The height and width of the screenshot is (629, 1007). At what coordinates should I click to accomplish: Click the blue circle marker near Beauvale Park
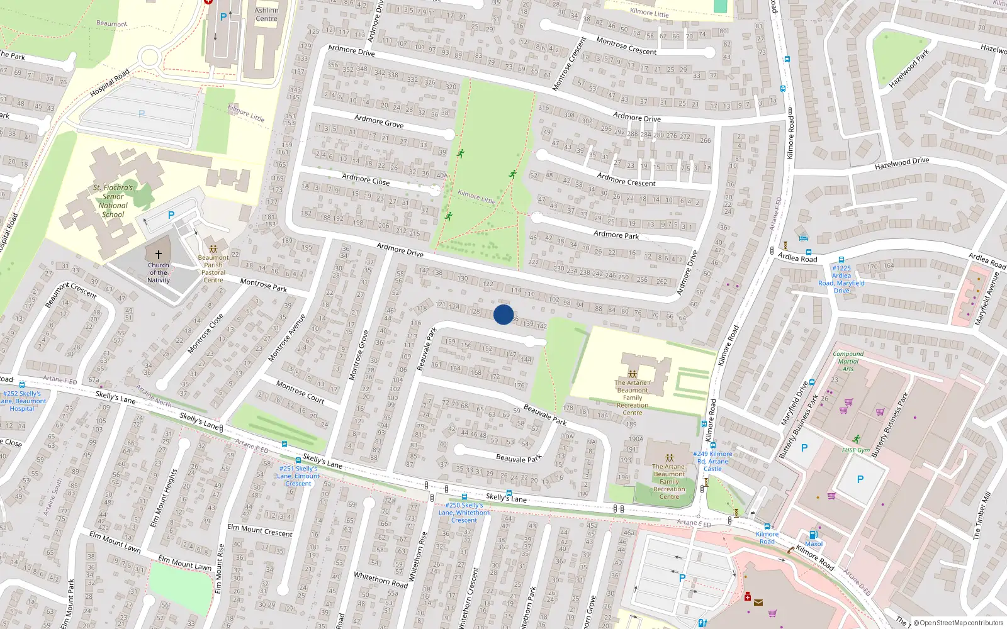(503, 314)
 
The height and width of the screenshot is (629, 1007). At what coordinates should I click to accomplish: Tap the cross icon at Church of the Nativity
(159, 255)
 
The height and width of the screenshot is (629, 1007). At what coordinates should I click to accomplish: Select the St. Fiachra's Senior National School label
(113, 201)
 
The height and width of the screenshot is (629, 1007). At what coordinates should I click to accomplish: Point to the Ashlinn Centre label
(266, 14)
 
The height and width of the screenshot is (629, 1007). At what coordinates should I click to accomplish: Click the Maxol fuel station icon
(813, 535)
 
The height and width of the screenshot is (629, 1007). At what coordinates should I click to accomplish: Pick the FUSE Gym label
(856, 450)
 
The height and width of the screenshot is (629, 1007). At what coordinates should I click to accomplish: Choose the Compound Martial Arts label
(848, 361)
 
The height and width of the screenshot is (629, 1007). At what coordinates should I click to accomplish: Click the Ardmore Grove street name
(379, 121)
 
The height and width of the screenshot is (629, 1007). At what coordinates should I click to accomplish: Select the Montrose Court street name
(300, 391)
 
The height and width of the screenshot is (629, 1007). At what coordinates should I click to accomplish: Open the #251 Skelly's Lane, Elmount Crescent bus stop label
(298, 476)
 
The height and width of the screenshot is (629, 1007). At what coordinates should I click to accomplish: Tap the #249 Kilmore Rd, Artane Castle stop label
(712, 461)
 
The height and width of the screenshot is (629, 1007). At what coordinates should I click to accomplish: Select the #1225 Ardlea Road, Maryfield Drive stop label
(841, 279)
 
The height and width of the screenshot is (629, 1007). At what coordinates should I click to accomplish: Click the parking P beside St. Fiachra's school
(171, 215)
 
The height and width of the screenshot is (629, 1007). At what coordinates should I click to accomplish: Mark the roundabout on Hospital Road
(149, 58)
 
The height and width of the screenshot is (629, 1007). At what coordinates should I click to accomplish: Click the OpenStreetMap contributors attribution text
(958, 623)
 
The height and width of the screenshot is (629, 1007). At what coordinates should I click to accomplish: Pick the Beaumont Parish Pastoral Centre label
(213, 269)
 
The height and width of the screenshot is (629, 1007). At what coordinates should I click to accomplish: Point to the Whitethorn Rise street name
(418, 556)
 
